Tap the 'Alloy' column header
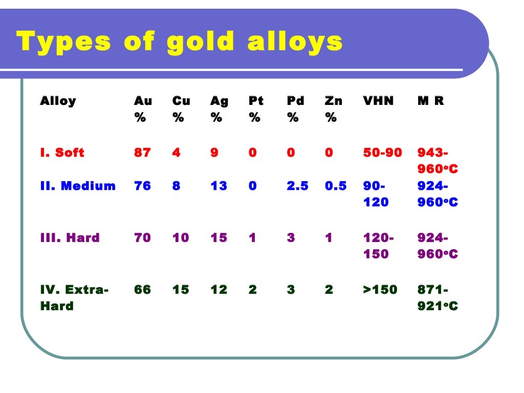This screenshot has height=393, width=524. [x=58, y=101]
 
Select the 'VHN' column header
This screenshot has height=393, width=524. [x=378, y=101]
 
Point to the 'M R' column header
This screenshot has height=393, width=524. [x=431, y=101]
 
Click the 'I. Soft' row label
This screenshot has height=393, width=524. [x=62, y=152]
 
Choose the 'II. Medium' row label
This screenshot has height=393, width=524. [x=78, y=186]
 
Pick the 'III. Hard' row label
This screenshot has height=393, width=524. [x=70, y=237]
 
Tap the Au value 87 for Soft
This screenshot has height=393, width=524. [x=142, y=152]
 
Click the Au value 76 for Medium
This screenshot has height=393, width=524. [x=142, y=186]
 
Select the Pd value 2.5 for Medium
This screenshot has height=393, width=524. [x=297, y=186]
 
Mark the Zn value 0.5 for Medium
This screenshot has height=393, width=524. [x=336, y=186]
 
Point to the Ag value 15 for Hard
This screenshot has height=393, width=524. [x=219, y=237]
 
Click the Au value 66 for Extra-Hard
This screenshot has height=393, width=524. [x=142, y=290]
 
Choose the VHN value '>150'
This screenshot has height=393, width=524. [x=380, y=290]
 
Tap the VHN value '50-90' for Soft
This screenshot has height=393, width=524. [x=383, y=152]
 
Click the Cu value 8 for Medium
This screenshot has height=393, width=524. [x=176, y=186]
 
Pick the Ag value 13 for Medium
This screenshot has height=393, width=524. [x=219, y=186]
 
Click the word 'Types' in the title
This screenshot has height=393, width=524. [x=63, y=42]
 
